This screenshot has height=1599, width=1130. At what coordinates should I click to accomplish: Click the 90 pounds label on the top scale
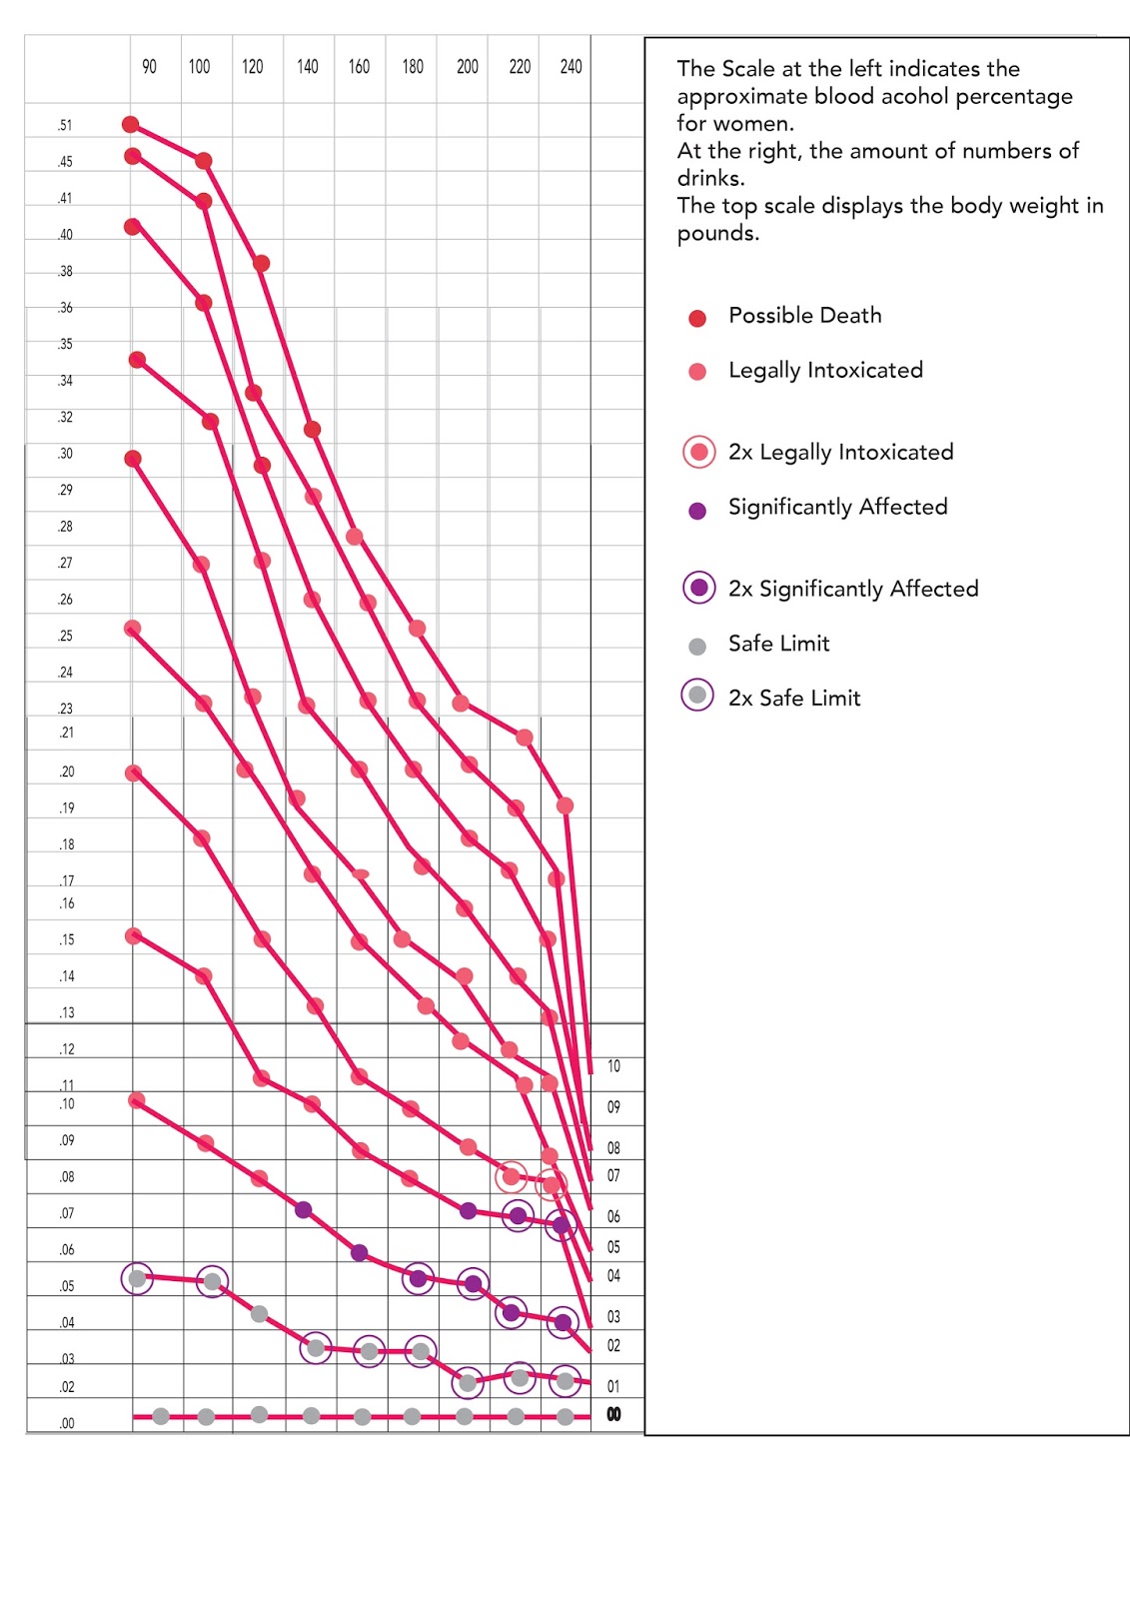[149, 67]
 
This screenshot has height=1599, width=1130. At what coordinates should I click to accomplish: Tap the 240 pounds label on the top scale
[570, 67]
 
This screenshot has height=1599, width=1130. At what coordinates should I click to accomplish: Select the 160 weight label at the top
[359, 67]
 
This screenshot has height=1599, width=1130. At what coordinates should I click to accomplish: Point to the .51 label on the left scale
[65, 126]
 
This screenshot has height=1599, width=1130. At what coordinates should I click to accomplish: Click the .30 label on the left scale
[65, 454]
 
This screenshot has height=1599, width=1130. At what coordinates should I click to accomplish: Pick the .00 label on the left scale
[66, 1423]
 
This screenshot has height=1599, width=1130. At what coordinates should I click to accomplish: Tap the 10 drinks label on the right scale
[613, 1066]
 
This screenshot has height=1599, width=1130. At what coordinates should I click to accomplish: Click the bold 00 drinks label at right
[613, 1414]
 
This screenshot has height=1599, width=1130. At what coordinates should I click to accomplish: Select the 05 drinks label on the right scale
[613, 1247]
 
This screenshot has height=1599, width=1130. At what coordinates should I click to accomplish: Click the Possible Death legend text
[804, 316]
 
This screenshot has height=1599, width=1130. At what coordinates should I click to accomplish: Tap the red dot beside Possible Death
[697, 318]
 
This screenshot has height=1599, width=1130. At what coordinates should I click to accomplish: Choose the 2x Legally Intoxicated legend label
[840, 453]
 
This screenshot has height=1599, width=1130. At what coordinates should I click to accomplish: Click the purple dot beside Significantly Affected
[697, 511]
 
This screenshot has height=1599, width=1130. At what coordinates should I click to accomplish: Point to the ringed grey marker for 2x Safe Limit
[697, 695]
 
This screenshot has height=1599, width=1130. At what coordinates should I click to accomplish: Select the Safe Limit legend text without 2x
[778, 644]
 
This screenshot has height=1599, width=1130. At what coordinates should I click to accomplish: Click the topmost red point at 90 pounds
[130, 124]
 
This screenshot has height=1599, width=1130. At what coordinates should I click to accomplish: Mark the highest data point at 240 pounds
[565, 805]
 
